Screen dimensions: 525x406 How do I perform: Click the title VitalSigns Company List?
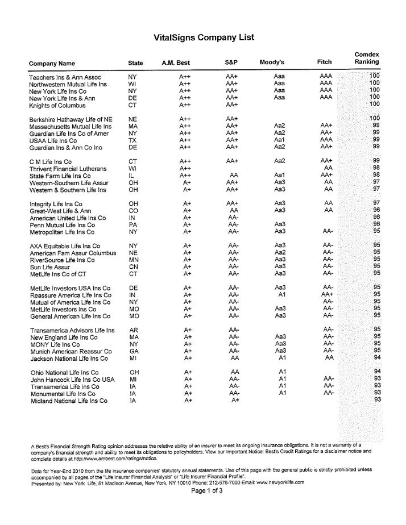204,37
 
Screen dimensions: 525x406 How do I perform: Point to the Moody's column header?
271,62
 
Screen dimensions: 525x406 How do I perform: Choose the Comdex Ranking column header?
367,58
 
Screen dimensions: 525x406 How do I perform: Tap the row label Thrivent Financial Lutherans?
68,168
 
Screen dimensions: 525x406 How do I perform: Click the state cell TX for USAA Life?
133,140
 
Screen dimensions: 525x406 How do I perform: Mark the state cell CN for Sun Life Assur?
134,266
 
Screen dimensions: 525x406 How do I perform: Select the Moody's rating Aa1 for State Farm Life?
279,175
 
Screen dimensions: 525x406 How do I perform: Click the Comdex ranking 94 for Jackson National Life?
376,357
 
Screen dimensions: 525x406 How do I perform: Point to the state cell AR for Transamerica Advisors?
134,330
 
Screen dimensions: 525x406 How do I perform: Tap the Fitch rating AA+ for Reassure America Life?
326,295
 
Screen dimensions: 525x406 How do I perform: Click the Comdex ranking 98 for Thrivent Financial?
376,168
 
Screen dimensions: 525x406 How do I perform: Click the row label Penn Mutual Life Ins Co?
61,224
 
